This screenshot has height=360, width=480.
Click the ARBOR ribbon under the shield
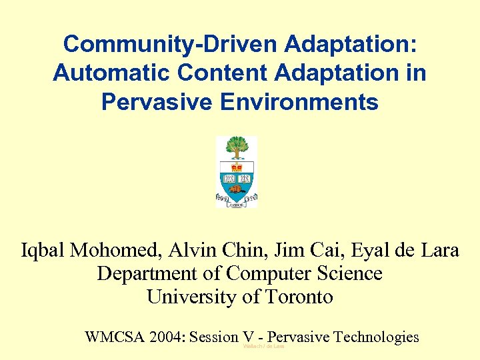pos(237,205)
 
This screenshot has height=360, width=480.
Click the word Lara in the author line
pos(440,251)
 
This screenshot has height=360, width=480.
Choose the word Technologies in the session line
pos(376,337)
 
